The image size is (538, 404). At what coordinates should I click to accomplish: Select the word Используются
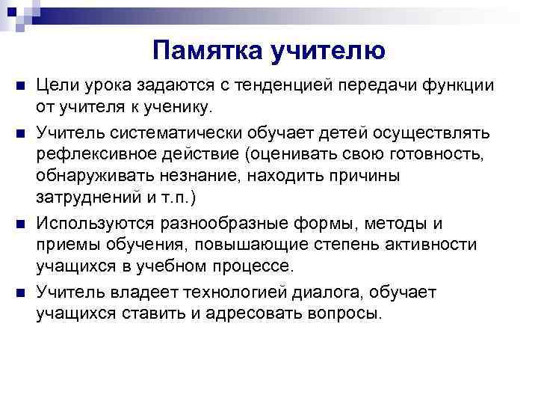click(94, 224)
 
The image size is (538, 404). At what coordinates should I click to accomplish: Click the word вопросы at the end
click(342, 313)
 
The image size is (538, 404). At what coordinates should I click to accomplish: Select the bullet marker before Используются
click(19, 223)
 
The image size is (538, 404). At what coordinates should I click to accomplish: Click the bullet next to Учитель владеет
click(19, 291)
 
